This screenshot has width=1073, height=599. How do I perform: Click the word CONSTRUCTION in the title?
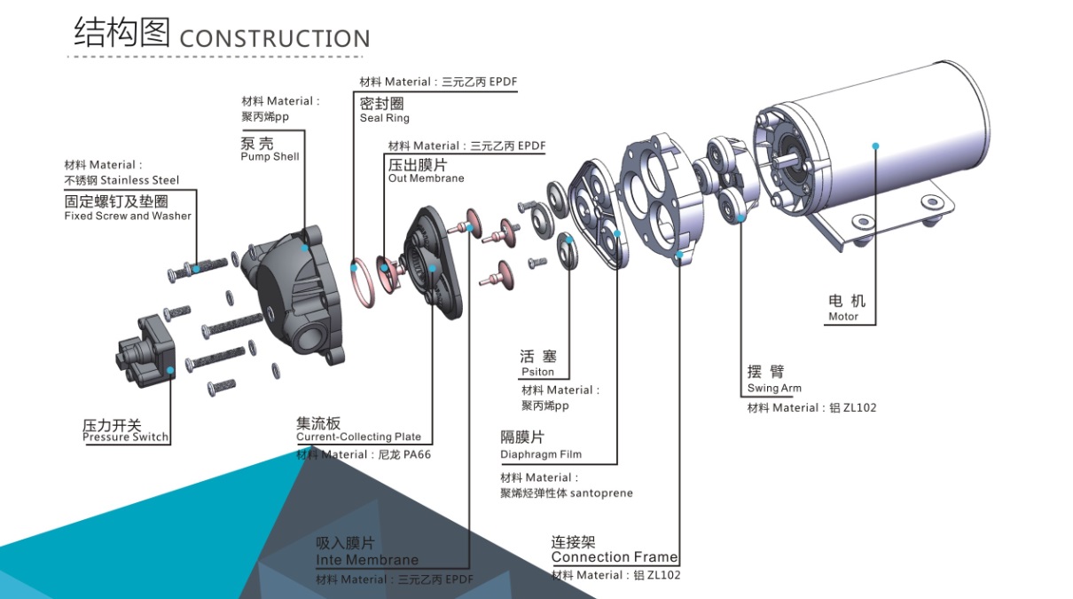(x=275, y=39)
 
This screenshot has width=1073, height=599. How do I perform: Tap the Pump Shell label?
(x=270, y=157)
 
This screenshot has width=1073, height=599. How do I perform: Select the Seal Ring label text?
(x=384, y=118)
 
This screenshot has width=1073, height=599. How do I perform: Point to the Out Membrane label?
(x=426, y=178)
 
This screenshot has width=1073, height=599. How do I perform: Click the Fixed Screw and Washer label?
(x=128, y=216)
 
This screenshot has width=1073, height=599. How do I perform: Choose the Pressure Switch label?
(x=125, y=437)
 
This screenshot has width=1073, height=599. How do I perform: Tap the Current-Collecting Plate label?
(x=358, y=437)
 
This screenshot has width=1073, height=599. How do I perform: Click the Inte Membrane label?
(x=366, y=560)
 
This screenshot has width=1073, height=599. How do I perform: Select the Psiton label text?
(x=537, y=372)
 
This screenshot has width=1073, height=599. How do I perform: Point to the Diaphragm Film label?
(x=541, y=454)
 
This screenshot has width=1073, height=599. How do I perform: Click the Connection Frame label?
(x=614, y=557)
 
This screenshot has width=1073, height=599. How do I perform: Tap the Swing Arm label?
(x=774, y=388)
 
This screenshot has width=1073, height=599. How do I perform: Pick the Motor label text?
(x=843, y=316)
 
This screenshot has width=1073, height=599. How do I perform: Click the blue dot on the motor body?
(x=875, y=146)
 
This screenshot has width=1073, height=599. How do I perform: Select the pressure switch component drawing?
(x=146, y=351)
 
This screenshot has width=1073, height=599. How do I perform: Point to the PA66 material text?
(x=417, y=454)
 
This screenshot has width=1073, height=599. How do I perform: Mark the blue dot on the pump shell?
(x=305, y=248)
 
